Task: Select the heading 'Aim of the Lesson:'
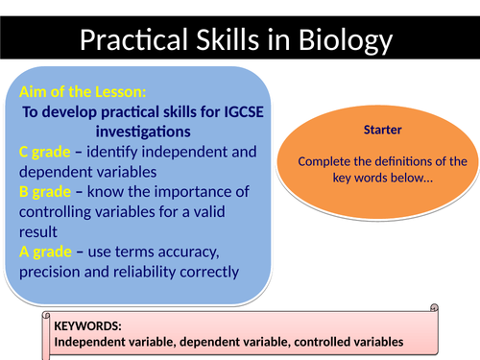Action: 83,92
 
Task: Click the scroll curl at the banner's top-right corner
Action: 434,309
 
